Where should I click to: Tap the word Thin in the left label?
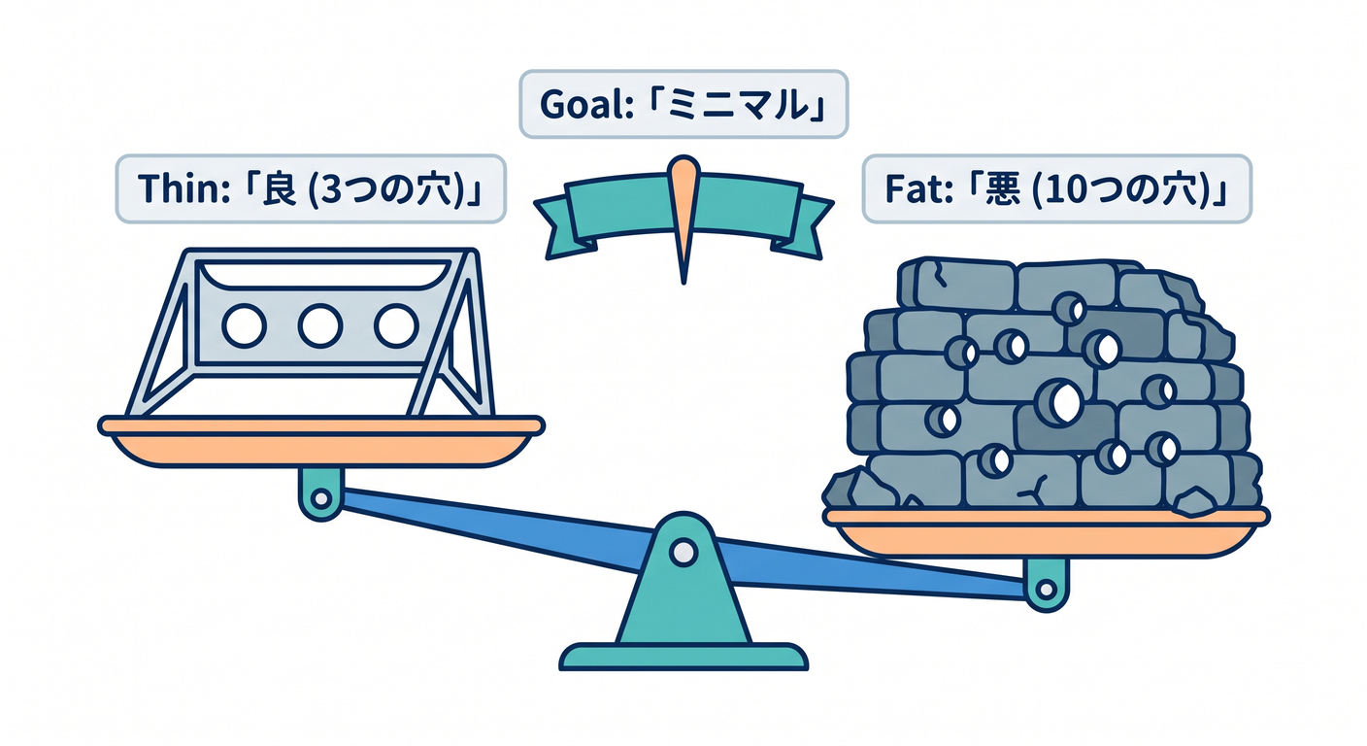[x=177, y=188]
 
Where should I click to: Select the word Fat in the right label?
[x=913, y=189]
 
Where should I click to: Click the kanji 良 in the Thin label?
[x=279, y=188]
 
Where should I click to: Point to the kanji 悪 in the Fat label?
[x=1002, y=189]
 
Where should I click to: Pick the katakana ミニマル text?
[x=740, y=105]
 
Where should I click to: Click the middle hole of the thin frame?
[x=319, y=325]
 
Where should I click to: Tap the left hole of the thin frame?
[x=244, y=325]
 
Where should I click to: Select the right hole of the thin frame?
[x=396, y=325]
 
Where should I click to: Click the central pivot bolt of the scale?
[x=683, y=553]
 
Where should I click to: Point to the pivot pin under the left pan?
[x=321, y=499]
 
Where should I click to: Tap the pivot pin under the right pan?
[x=1046, y=590]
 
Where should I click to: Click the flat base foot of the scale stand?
[x=683, y=657]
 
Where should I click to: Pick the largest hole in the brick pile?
[x=1059, y=402]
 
